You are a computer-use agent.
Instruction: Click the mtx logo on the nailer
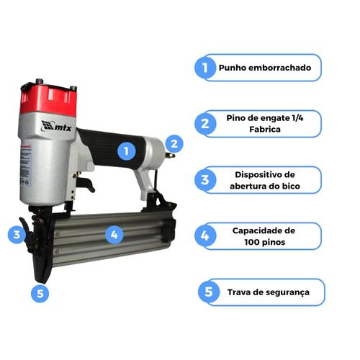[56, 126]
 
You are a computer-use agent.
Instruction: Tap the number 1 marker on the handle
[127, 151]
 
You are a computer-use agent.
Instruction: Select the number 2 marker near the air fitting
[174, 144]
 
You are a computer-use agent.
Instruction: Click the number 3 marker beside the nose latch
[17, 235]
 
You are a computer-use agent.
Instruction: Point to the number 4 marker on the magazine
[114, 235]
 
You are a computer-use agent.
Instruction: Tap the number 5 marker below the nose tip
[40, 293]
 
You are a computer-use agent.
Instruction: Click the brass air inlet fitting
[170, 156]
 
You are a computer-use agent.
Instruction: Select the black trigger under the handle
[86, 184]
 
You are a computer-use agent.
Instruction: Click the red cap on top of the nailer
[48, 99]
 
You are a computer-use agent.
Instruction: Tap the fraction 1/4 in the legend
[298, 118]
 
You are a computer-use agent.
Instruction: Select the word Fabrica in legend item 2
[265, 130]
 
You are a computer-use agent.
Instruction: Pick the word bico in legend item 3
[291, 186]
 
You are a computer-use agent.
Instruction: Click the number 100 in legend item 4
[252, 242]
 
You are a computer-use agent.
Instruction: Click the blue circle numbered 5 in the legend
[209, 292]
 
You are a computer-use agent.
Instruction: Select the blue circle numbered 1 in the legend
[205, 68]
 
